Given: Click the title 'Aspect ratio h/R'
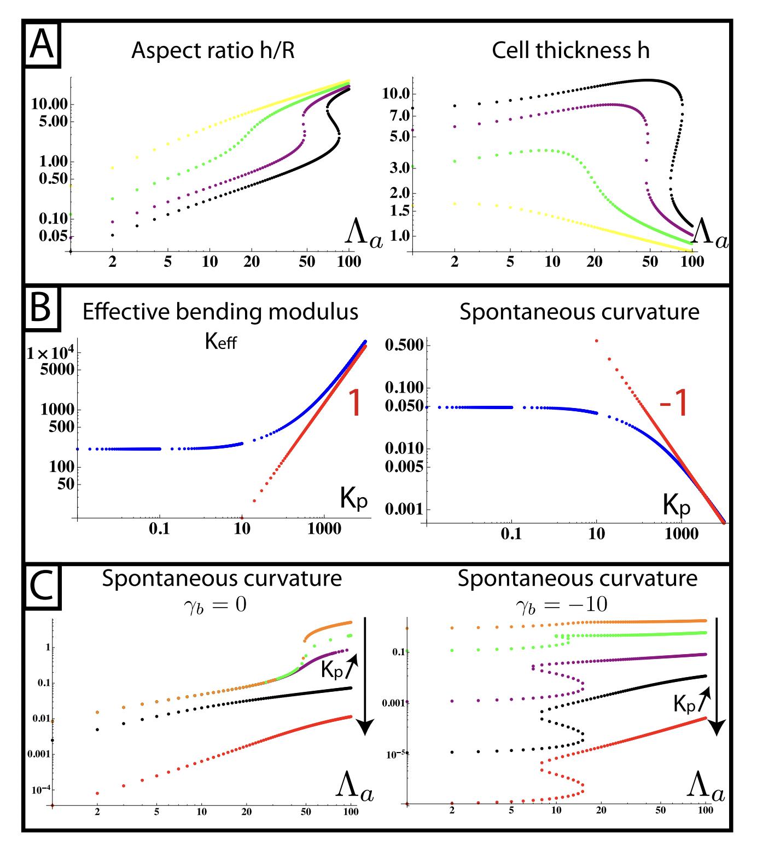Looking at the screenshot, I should pos(213,51).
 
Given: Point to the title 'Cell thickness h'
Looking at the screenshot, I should pos(570,51).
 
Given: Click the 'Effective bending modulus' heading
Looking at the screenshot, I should pos(220,312).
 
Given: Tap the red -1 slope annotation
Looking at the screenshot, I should pos(673,405).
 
